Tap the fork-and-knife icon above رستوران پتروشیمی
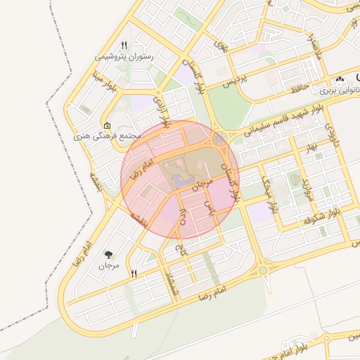coord(124,44)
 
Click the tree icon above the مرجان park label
coord(109,255)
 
